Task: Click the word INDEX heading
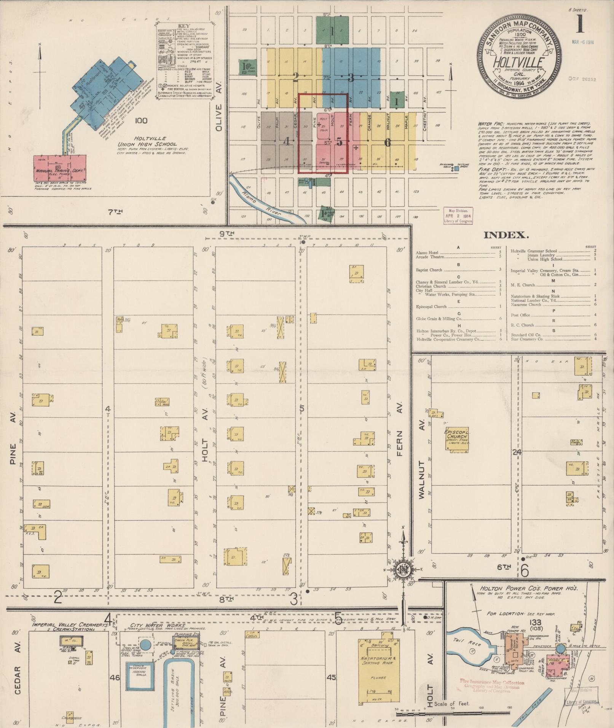click(x=506, y=235)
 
